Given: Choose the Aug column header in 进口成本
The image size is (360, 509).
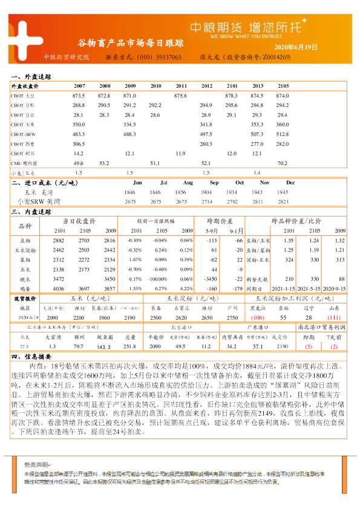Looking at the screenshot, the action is click(x=188, y=183).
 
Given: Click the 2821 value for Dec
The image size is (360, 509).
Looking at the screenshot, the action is click(x=290, y=201).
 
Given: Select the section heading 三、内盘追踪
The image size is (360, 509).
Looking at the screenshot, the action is click(x=31, y=212).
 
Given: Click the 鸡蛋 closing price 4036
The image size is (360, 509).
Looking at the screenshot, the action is click(x=59, y=289).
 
